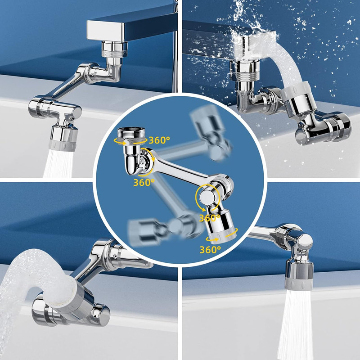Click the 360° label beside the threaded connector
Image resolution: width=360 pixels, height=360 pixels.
[159, 140]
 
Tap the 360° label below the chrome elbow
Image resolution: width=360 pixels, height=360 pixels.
[144, 182]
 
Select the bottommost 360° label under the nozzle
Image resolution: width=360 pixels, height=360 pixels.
[210, 249]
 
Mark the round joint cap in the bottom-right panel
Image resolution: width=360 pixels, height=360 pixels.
[304, 243]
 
